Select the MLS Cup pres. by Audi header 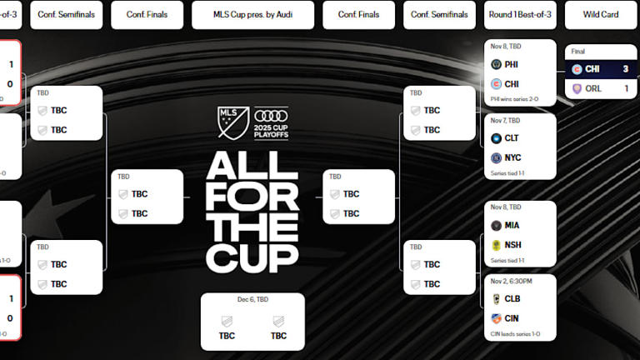point(252,14)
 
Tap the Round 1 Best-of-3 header point(520,14)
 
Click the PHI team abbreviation point(512,63)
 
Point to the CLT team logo point(496,137)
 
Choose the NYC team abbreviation point(512,157)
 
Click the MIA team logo point(496,225)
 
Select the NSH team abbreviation point(512,245)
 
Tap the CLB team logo point(496,298)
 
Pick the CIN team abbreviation point(512,317)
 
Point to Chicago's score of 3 point(625,68)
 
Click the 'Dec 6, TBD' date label point(252,299)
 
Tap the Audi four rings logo point(271,116)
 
